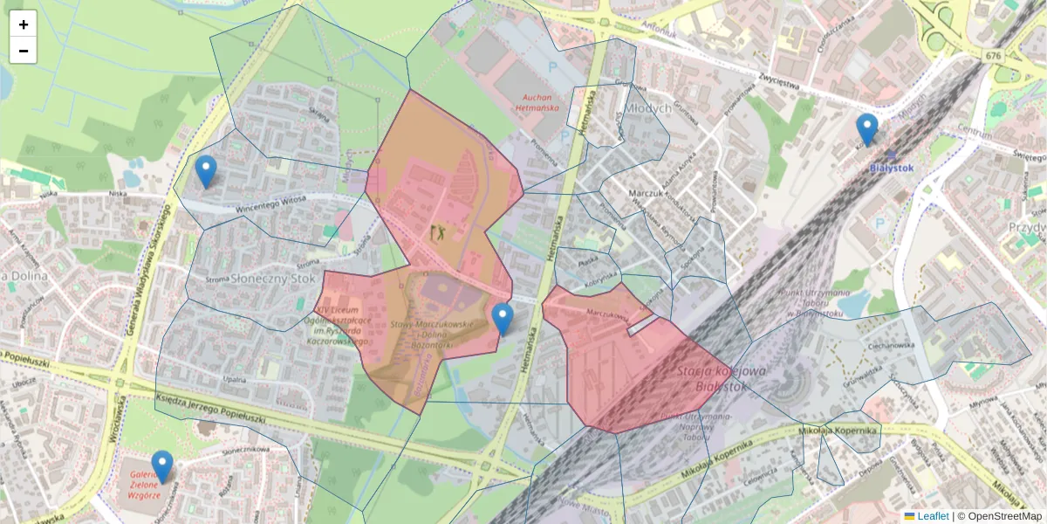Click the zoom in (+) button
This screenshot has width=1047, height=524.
coord(24,24)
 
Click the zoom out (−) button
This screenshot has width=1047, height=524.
coord(24,51)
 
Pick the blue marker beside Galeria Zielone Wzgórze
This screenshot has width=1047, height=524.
coord(162,466)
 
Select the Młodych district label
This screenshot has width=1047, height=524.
coord(647,107)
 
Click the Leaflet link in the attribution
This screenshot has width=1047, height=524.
coord(932,516)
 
